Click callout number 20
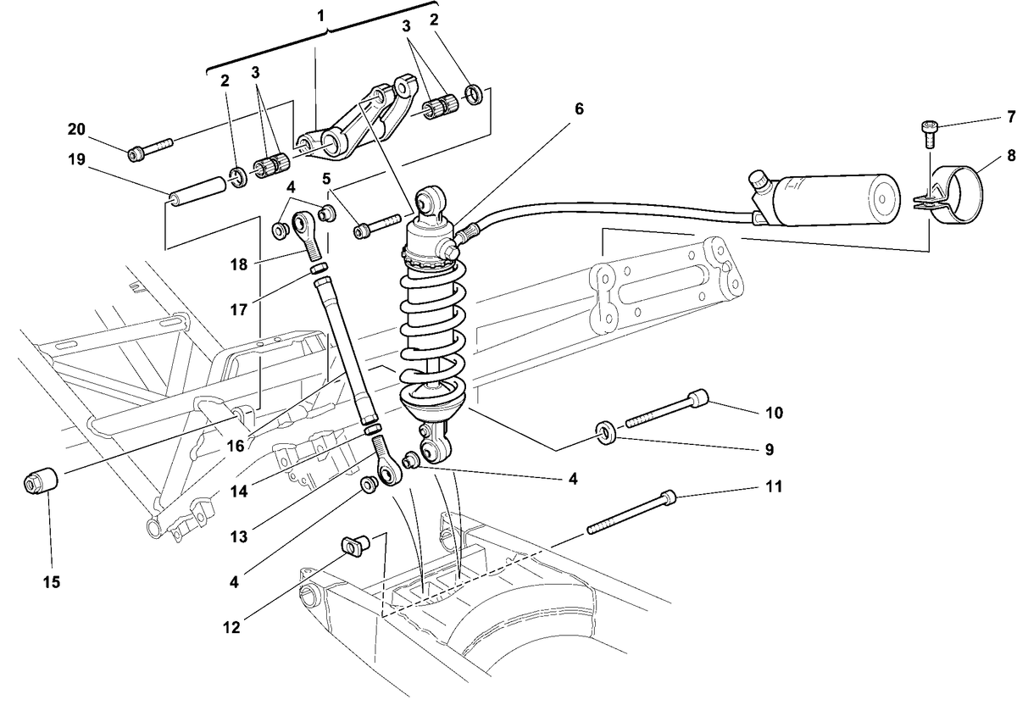pos(76,130)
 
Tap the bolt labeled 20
pos(150,149)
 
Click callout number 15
pos(52,581)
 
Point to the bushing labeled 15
pos(41,479)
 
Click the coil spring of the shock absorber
pos(433,327)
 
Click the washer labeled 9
pos(605,433)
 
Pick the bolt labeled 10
pos(667,408)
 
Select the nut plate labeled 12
pos(355,546)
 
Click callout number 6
pos(579,109)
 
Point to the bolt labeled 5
pos(377,226)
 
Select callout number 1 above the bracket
pos(321,16)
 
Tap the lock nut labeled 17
pos(320,268)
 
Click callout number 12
pos(231,628)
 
